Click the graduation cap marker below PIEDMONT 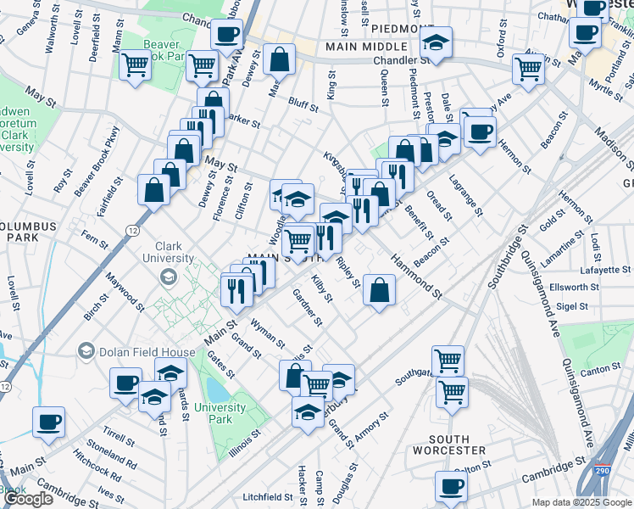coord(436,41)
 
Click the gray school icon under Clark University coord(169,277)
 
